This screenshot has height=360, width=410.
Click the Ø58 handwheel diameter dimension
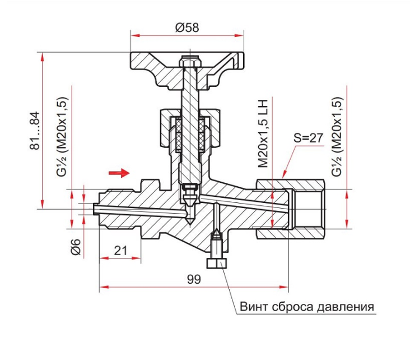pyautogui.click(x=187, y=27)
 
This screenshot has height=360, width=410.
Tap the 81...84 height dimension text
pyautogui.click(x=35, y=131)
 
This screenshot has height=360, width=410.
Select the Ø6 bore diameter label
pyautogui.click(x=76, y=247)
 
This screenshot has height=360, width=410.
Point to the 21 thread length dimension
pyautogui.click(x=120, y=251)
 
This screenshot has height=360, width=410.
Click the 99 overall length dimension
pyautogui.click(x=194, y=279)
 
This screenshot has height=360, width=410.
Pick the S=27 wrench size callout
pyautogui.click(x=308, y=138)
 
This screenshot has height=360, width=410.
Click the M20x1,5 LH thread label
pyautogui.click(x=263, y=133)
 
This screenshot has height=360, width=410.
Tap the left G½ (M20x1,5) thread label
pyautogui.click(x=62, y=137)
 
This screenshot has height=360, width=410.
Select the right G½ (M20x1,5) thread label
pyautogui.click(x=337, y=137)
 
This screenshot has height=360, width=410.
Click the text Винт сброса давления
pyautogui.click(x=307, y=306)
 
